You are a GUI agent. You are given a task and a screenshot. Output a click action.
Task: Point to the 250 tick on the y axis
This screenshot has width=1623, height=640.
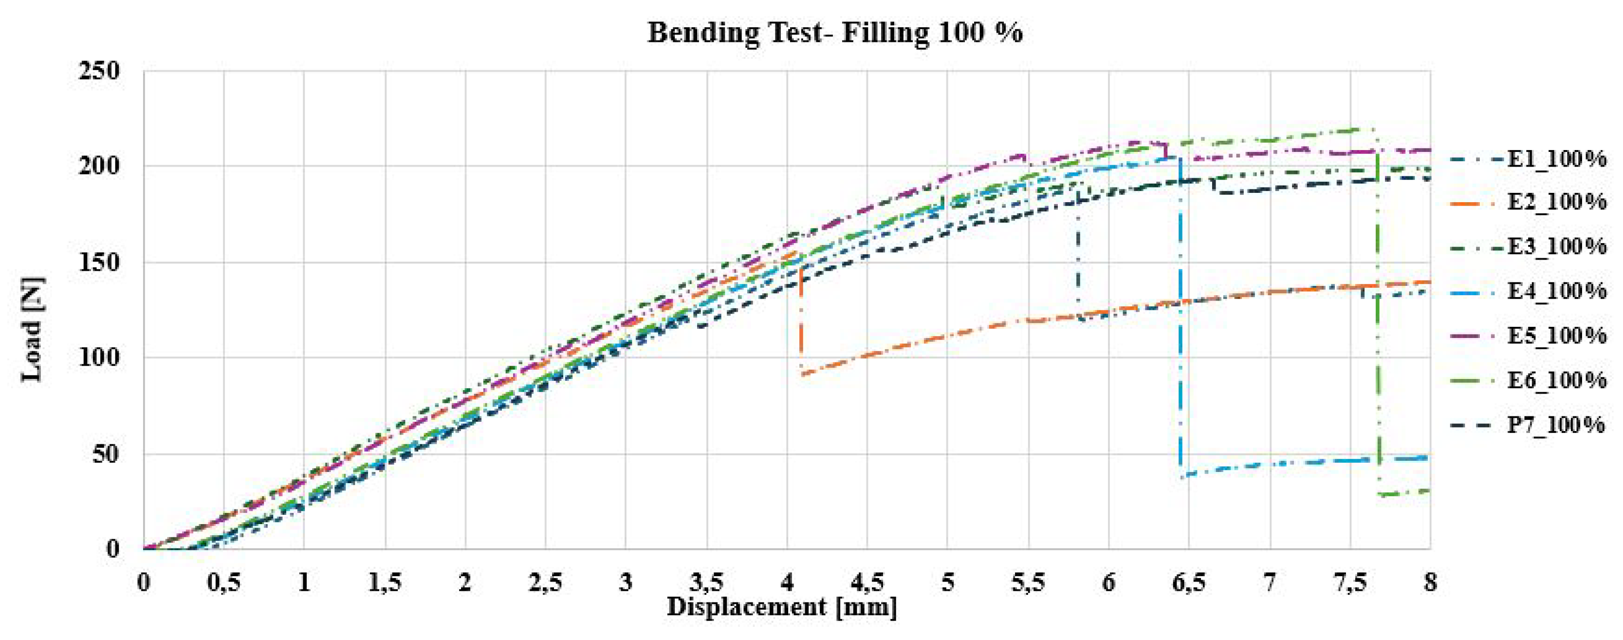click(99, 71)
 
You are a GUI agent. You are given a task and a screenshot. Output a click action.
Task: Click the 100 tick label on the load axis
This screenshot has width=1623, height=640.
click(99, 358)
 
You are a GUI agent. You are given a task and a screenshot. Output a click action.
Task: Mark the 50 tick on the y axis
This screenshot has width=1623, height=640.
click(106, 454)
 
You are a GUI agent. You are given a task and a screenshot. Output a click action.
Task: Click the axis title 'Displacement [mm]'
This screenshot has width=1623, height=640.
click(782, 608)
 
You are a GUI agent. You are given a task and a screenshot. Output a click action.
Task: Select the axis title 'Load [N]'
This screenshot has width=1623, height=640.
click(32, 330)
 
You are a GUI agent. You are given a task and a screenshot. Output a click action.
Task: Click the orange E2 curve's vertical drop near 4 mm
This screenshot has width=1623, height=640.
click(800, 321)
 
